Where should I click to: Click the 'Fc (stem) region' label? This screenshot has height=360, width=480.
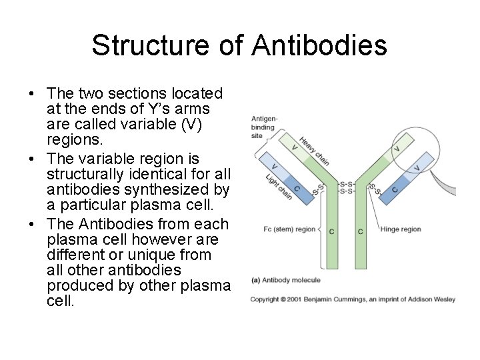[x=289, y=229]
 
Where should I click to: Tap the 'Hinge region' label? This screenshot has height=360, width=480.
[x=401, y=229]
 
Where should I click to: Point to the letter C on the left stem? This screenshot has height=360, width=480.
[x=332, y=231]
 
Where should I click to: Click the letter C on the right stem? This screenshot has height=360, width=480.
[x=361, y=231]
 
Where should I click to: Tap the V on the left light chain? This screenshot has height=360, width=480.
[x=275, y=166]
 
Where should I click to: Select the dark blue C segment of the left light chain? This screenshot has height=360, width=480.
[x=296, y=189]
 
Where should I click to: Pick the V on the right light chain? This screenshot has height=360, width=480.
[x=417, y=167]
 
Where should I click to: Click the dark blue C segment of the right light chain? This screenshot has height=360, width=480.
[x=395, y=189]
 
